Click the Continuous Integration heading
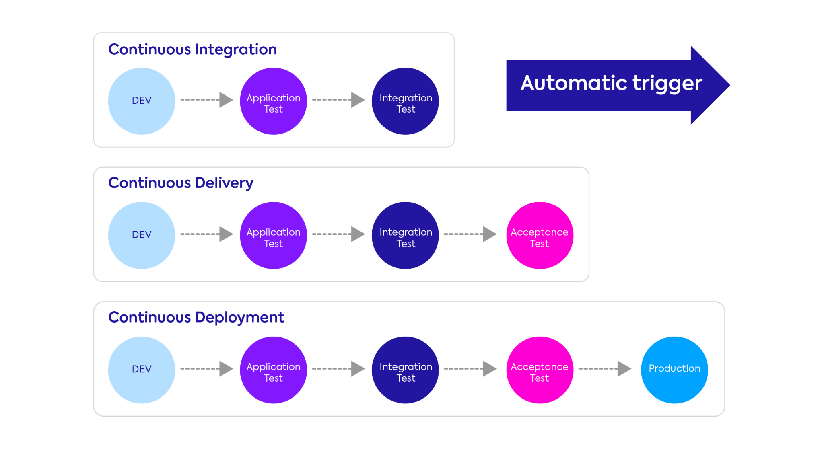click(x=192, y=49)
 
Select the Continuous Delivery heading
click(x=181, y=183)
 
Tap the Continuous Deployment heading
click(x=196, y=317)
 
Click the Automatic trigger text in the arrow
click(x=611, y=83)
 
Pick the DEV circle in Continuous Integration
click(x=142, y=101)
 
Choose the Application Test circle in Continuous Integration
click(x=273, y=101)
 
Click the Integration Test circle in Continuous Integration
click(x=405, y=101)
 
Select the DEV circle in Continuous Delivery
click(x=142, y=235)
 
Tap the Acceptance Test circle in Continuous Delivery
click(x=540, y=235)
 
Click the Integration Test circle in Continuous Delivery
click(x=405, y=235)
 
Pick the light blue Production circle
click(x=674, y=370)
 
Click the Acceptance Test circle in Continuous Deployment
click(x=540, y=370)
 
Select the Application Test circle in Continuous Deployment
click(x=273, y=370)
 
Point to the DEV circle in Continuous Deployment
click(x=142, y=370)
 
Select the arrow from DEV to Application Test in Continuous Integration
click(x=207, y=100)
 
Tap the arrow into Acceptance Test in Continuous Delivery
click(x=470, y=234)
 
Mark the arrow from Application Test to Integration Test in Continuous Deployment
click(x=338, y=368)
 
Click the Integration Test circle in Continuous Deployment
click(x=405, y=370)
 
